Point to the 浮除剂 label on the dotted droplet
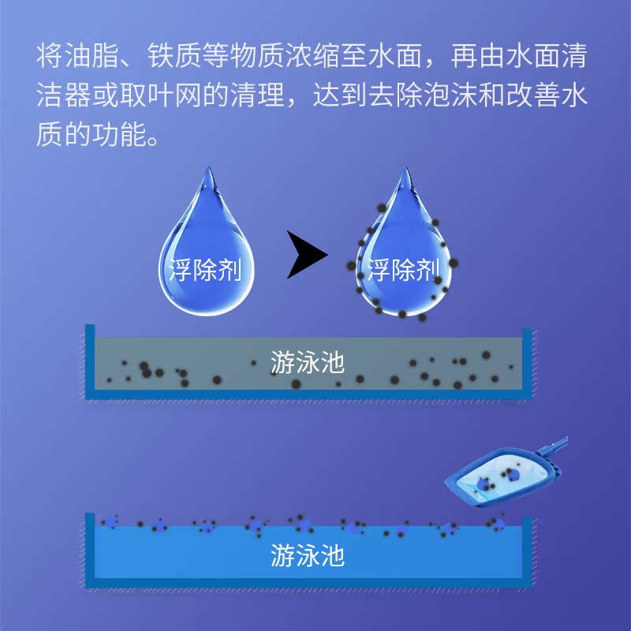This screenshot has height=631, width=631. click(x=402, y=271)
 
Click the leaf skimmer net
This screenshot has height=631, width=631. click(x=505, y=478)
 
